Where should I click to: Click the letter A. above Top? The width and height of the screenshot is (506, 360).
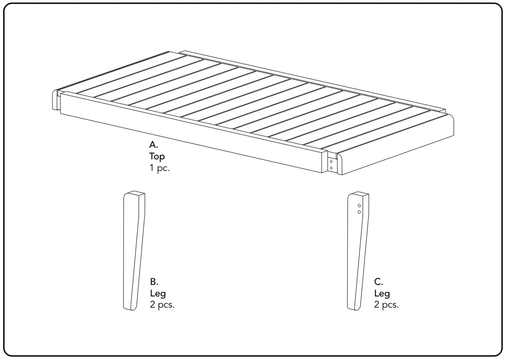[x=154, y=145]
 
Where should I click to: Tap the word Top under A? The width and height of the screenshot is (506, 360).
[x=157, y=156]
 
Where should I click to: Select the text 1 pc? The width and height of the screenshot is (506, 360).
[x=159, y=168]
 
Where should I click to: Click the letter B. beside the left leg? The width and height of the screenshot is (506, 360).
[x=154, y=282]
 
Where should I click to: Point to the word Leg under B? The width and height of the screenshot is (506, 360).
[x=158, y=294]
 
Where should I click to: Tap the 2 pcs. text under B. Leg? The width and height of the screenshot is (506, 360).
[x=162, y=305]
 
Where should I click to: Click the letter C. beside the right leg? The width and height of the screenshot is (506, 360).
[x=378, y=282]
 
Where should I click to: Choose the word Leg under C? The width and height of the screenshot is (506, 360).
[x=382, y=294]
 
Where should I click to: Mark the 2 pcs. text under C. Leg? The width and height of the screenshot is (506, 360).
[x=386, y=305]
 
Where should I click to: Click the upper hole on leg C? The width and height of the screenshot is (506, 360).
[x=359, y=205]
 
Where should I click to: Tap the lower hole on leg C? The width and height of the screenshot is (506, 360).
[x=359, y=212]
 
